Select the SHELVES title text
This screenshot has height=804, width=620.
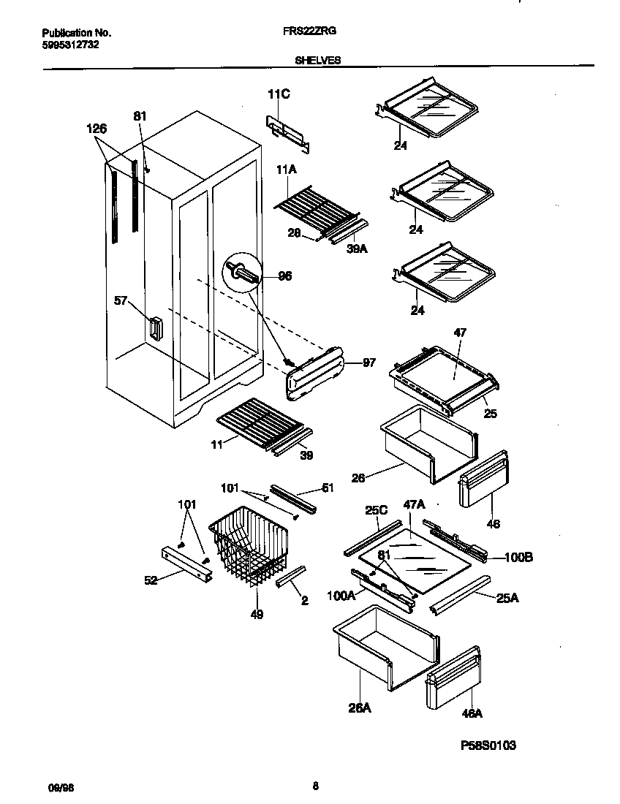point(317,61)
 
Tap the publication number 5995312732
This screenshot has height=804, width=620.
point(71,44)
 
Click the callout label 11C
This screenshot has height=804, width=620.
point(278,94)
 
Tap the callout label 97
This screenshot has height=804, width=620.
point(368,363)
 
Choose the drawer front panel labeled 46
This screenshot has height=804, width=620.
point(483,478)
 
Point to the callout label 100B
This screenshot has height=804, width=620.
point(518,558)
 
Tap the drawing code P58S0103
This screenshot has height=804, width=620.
point(488,746)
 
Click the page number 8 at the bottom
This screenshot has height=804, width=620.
point(315,787)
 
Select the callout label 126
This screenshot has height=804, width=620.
point(97,129)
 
